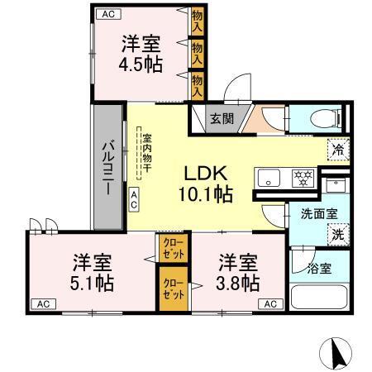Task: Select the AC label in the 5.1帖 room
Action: coord(41,303)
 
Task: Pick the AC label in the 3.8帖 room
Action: coord(269,303)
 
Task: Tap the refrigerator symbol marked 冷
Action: coord(337,150)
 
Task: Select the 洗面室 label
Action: coord(318,212)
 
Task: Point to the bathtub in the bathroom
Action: coord(320,296)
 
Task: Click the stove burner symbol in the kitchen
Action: coord(303,177)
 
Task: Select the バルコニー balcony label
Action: coord(107,168)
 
